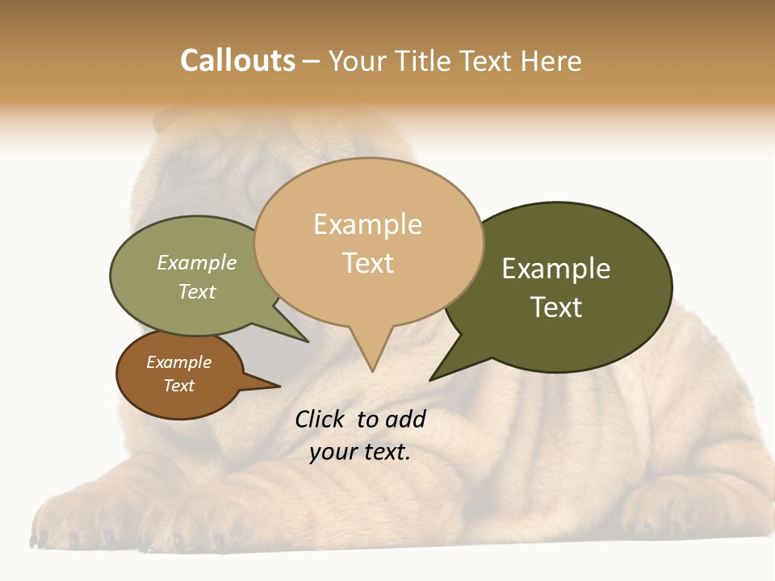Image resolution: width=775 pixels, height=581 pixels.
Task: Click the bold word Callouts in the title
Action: coord(237,61)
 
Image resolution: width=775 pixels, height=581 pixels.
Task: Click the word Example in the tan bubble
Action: coord(367,224)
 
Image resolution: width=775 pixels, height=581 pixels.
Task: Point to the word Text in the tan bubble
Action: coord(367,263)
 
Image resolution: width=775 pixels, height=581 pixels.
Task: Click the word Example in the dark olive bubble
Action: coord(556,269)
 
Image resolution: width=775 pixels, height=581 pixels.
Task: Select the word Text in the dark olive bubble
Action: coord(556,307)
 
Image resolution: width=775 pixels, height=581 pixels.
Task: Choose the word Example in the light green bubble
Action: coord(197,262)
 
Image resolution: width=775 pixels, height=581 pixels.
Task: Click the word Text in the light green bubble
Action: coord(197,291)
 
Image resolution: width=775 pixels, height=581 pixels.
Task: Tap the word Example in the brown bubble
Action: coord(178,362)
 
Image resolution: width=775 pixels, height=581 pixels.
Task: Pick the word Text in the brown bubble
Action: coord(178,386)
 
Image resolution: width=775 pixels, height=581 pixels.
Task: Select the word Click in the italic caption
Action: coord(320,419)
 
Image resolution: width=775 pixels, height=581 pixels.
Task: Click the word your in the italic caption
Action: coord(332,452)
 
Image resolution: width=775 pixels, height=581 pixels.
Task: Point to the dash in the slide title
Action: coord(312,61)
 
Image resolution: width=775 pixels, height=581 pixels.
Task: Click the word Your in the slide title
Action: coord(358,61)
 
